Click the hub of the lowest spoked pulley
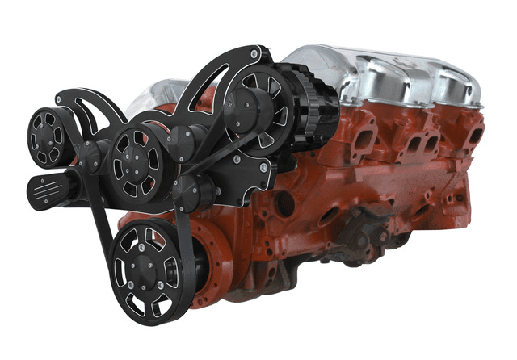(145, 267)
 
